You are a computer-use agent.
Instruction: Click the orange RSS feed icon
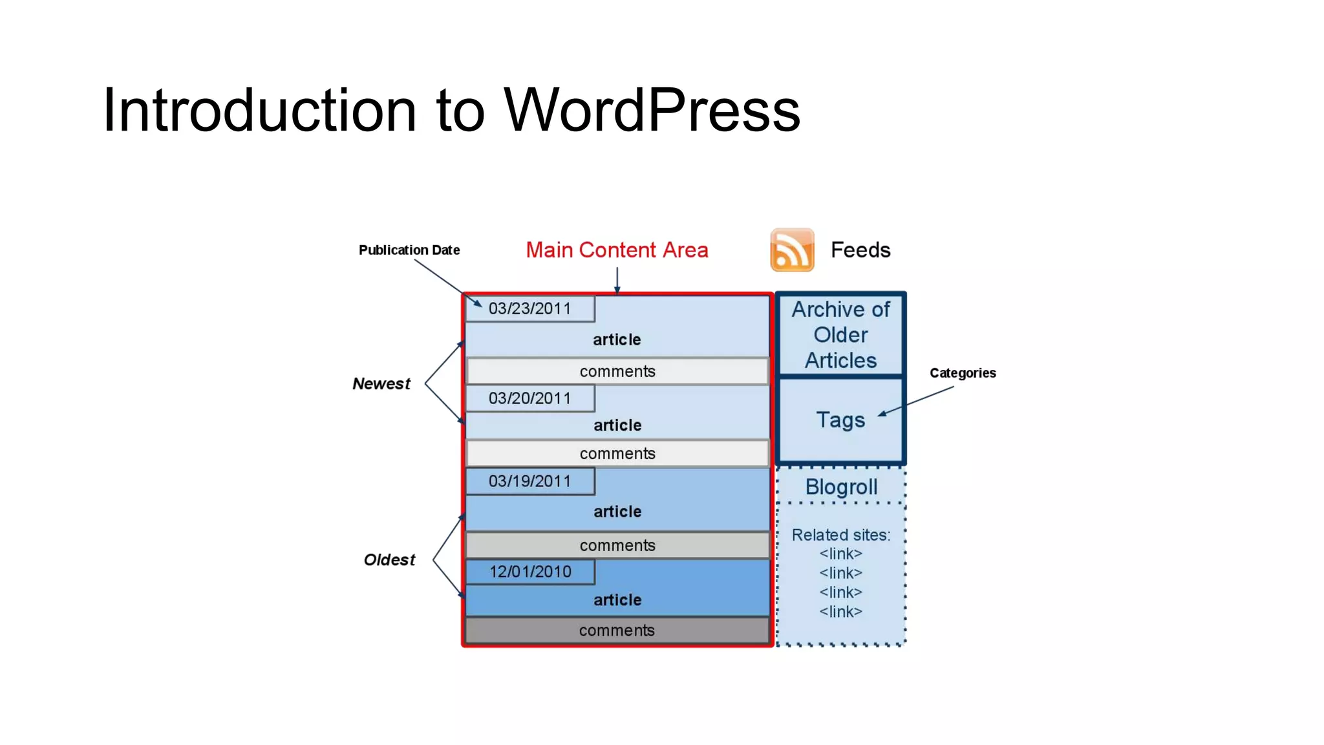(x=792, y=250)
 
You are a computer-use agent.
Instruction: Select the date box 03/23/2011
(x=530, y=308)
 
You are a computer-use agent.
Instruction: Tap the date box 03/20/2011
(x=530, y=398)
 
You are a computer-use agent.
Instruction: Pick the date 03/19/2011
(x=530, y=481)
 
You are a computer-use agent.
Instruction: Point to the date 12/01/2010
(x=530, y=572)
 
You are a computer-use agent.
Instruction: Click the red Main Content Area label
(x=617, y=250)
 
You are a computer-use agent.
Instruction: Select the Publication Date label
(x=409, y=250)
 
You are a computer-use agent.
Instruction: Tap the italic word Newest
(x=381, y=384)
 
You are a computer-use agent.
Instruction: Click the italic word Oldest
(x=389, y=560)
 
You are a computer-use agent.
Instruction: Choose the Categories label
(x=963, y=373)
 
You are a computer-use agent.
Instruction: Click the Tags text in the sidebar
(x=840, y=420)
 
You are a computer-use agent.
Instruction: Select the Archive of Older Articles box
(x=840, y=335)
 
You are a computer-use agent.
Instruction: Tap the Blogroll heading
(x=841, y=487)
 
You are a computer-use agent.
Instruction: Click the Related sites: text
(x=841, y=535)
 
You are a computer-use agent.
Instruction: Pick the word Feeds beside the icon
(x=860, y=250)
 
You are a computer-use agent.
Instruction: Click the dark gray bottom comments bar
(x=617, y=631)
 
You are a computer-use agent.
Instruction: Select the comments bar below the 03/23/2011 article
(x=617, y=372)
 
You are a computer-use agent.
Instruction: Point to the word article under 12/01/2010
(x=617, y=600)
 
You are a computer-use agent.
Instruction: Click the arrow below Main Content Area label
(x=617, y=281)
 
